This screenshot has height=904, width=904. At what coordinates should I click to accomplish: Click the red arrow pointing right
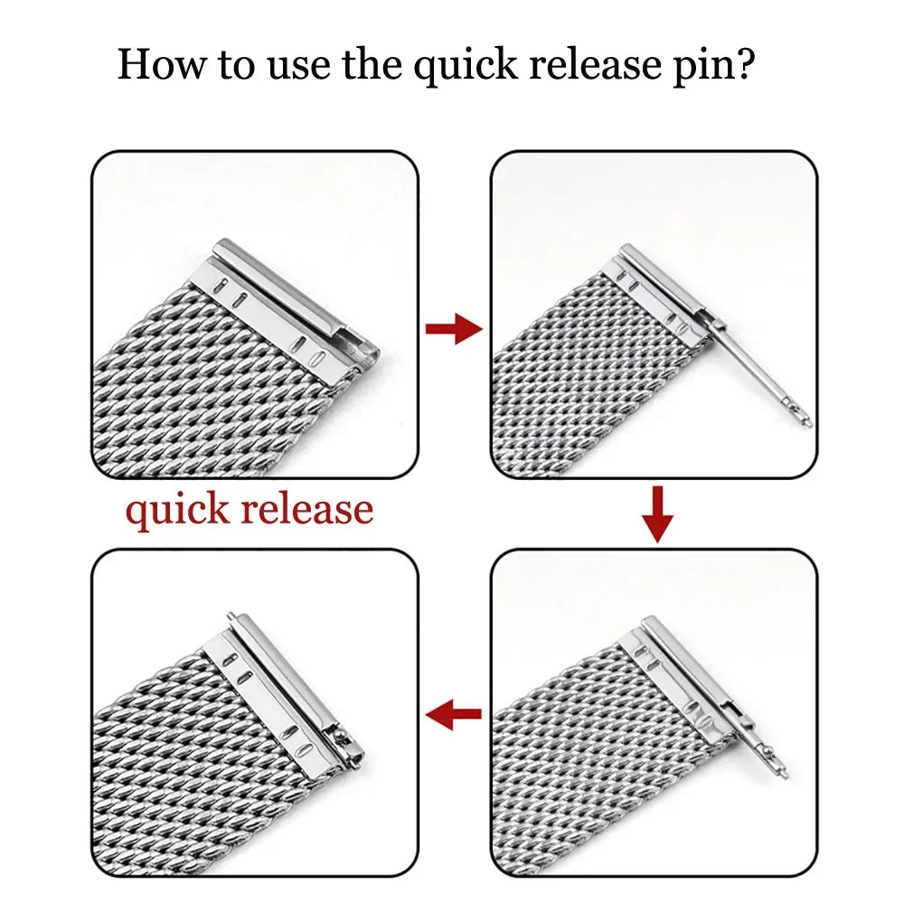coord(454,329)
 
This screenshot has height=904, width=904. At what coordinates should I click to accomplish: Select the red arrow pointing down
coord(659,514)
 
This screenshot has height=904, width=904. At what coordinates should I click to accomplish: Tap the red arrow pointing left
coord(454,718)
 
